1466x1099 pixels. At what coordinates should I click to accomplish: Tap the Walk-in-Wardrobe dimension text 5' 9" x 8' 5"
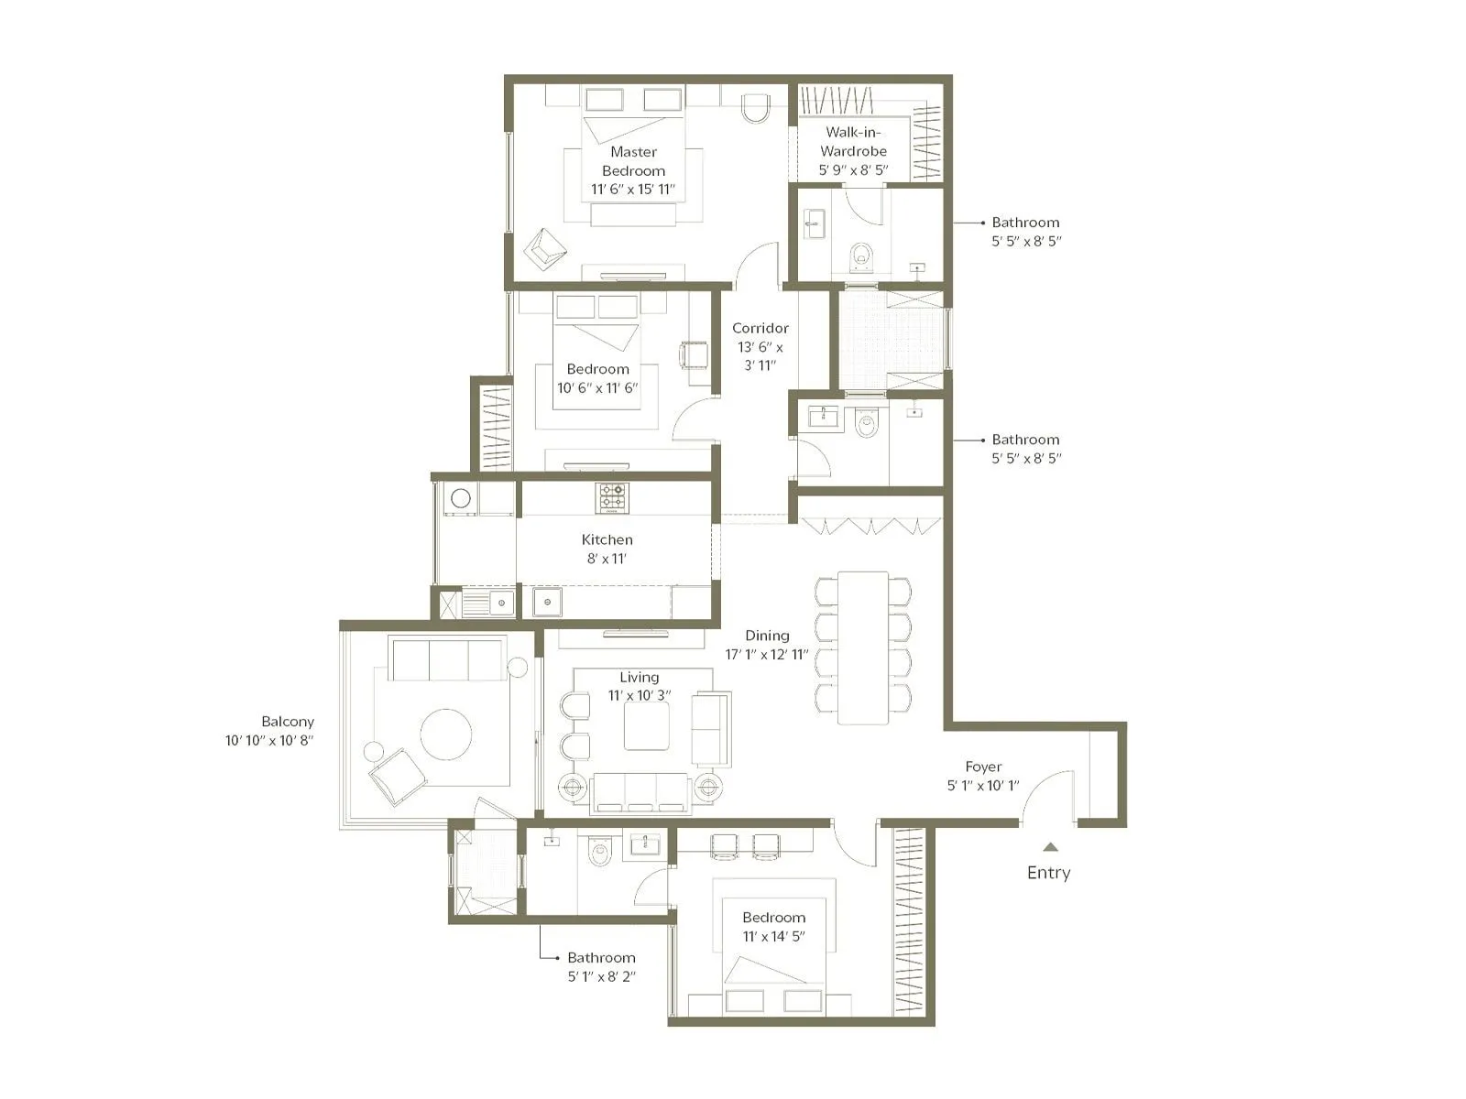coord(853,170)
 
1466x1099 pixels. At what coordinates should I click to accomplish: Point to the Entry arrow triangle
coord(1050,847)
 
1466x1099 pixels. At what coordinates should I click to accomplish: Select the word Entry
coord(1048,873)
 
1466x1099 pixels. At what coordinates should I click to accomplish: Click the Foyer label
coord(983,767)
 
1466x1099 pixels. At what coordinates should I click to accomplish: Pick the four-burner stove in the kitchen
coord(613,497)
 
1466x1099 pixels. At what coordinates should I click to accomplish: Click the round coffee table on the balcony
coord(446,734)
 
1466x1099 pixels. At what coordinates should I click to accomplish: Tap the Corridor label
coord(760,328)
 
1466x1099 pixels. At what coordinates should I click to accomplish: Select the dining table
coord(863,647)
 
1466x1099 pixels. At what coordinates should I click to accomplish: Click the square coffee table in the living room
coord(647,726)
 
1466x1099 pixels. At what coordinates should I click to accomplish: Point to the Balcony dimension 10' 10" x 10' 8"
coord(269,740)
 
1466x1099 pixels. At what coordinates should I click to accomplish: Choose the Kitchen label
coord(607,539)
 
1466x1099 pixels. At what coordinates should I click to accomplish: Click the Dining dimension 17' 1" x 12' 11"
coord(767,655)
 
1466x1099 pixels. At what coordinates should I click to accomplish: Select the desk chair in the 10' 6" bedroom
coord(693,354)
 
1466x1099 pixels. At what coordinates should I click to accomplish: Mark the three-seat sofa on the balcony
coord(446,659)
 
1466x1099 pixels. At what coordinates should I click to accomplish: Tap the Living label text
coord(639,677)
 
